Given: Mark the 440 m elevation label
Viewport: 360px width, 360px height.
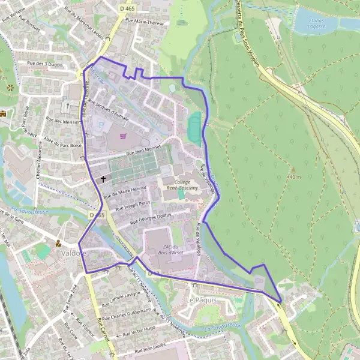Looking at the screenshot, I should tap(294, 178).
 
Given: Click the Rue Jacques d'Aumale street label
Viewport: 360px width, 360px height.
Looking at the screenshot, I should tap(109, 111).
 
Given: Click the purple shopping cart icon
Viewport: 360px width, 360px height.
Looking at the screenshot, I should tap(123, 136).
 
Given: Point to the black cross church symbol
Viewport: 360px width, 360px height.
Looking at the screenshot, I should tap(103, 178).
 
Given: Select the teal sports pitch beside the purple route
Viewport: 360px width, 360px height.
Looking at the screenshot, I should tap(194, 128).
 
